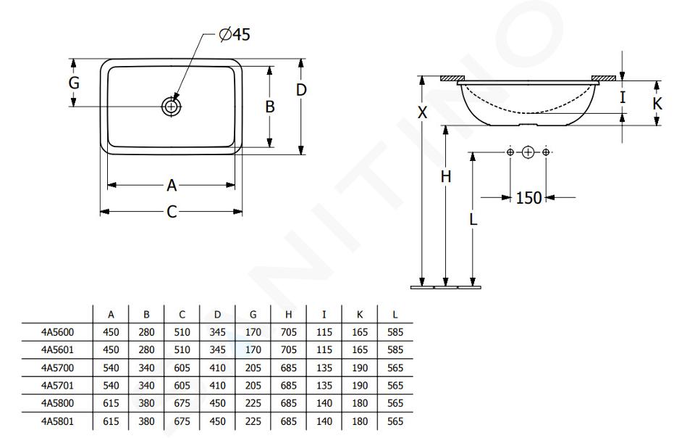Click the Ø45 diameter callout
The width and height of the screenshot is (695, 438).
[235, 34]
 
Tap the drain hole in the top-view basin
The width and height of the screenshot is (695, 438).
[171, 107]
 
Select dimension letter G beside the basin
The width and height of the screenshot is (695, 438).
[74, 83]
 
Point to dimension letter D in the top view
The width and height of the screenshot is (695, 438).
[301, 90]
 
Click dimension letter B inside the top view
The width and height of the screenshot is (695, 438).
[269, 107]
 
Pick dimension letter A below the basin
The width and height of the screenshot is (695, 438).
[172, 185]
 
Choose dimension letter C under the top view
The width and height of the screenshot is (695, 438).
[172, 212]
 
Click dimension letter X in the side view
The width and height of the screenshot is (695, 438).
[422, 112]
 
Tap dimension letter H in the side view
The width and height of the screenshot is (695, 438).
[445, 177]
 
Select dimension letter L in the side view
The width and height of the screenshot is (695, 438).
[473, 219]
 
